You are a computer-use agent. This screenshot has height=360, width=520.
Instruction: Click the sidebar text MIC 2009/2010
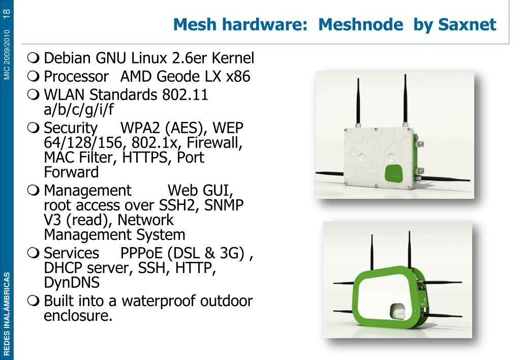pos(7,54)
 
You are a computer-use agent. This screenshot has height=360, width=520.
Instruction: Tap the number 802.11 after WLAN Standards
pos(186,95)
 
